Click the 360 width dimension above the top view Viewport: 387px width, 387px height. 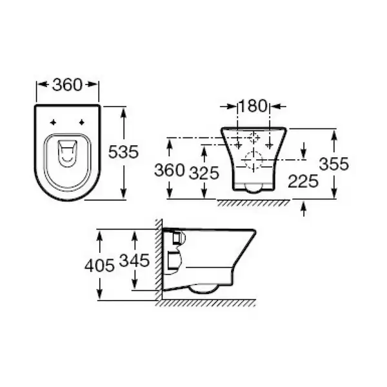pyautogui.click(x=67, y=85)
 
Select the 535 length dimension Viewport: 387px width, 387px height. pyautogui.click(x=123, y=152)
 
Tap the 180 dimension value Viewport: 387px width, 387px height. pyautogui.click(x=253, y=106)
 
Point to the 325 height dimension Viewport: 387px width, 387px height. pyautogui.click(x=204, y=173)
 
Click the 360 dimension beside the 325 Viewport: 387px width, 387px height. pyautogui.click(x=169, y=170)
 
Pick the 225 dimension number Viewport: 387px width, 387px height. pyautogui.click(x=303, y=181)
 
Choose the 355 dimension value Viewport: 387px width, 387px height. pyautogui.click(x=333, y=164)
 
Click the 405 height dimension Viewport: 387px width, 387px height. pyautogui.click(x=99, y=266)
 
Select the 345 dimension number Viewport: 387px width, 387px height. pyautogui.click(x=134, y=260)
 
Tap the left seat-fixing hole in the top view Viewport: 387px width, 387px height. pyautogui.click(x=53, y=122)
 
